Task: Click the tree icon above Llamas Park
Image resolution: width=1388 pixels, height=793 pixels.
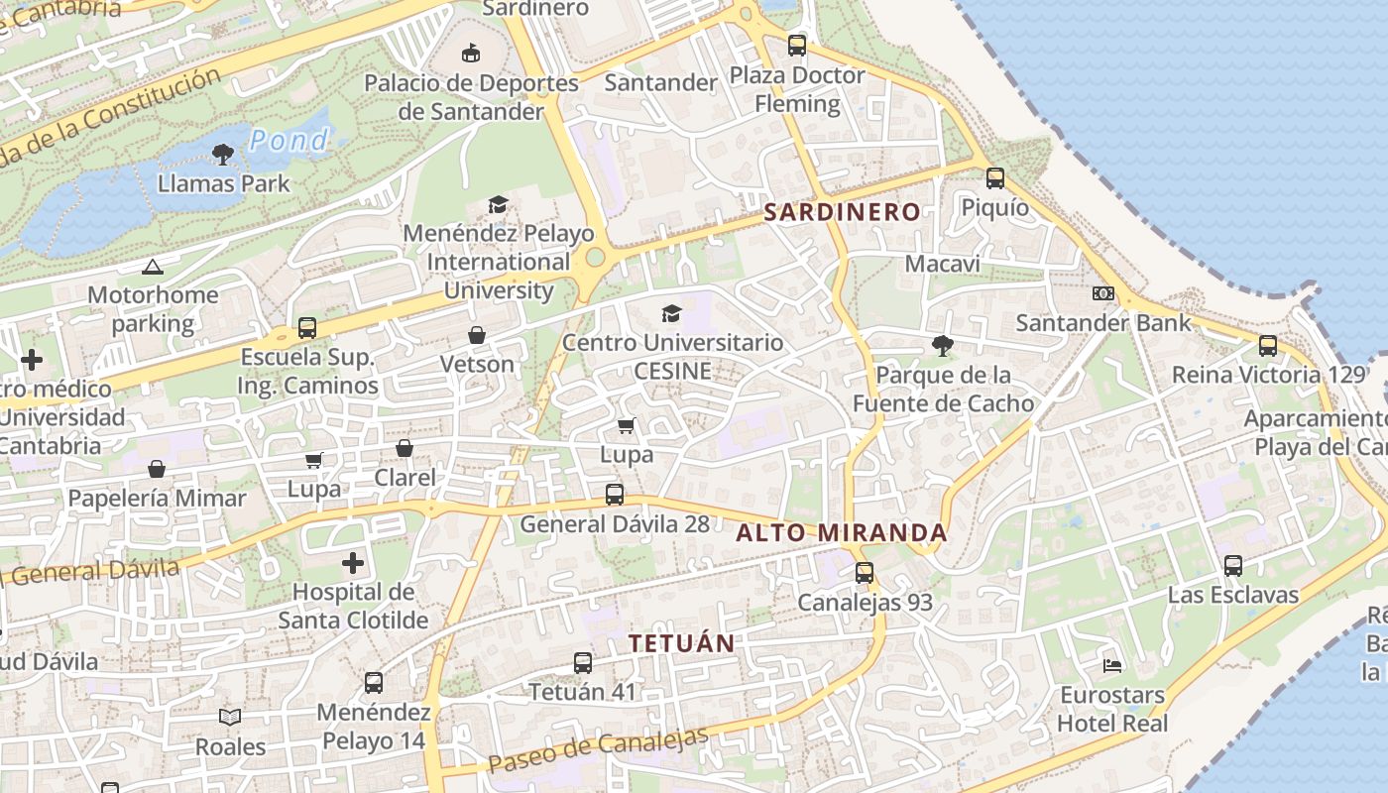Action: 222,154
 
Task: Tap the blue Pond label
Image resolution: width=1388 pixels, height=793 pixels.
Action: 289,141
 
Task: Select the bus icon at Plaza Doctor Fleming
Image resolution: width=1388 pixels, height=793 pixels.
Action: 796,46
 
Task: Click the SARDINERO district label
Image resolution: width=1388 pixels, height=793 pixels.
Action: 842,212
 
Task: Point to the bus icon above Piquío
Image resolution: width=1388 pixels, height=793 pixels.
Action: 994,178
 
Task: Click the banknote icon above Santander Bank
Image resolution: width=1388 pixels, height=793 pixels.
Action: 1102,293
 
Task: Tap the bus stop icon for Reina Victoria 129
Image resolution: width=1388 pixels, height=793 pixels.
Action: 1267,346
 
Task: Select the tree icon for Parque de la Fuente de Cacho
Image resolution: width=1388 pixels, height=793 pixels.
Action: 942,346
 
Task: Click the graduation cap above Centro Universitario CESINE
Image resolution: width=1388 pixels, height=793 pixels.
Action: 672,314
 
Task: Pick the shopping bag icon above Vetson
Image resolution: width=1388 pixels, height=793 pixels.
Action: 477,335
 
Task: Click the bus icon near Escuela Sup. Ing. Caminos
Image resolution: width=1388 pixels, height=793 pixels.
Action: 307,328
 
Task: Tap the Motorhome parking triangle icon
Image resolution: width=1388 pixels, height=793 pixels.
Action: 152,267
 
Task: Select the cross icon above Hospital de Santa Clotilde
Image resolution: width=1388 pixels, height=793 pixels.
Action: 353,564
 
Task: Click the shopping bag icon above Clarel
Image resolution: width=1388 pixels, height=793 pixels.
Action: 405,449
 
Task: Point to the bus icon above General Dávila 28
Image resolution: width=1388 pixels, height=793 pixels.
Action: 615,495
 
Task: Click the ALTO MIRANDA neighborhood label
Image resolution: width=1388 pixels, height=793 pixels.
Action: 842,533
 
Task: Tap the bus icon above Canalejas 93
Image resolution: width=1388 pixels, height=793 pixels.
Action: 865,573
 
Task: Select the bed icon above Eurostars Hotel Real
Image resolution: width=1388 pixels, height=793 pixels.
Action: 1112,665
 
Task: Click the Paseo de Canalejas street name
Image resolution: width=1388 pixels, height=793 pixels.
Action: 598,751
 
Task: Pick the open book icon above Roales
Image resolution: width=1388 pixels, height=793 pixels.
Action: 230,717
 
